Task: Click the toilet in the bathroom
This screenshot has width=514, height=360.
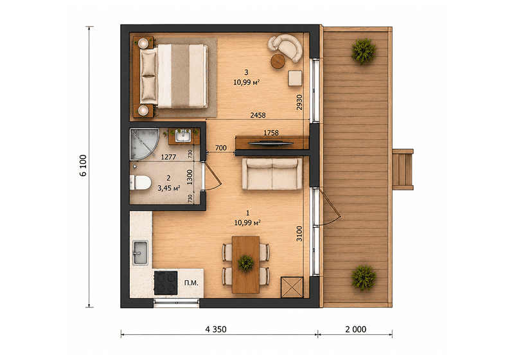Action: click(140, 183)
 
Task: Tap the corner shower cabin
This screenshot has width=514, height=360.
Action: click(143, 143)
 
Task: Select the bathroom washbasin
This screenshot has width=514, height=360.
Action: click(183, 136)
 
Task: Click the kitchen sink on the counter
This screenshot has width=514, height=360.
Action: click(140, 253)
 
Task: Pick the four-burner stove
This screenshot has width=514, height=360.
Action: click(166, 283)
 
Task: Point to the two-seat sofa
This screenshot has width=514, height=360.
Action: click(272, 174)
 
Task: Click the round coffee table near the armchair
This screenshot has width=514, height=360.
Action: click(278, 61)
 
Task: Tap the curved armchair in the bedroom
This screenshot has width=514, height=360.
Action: click(286, 47)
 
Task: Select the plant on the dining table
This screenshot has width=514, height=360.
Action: click(246, 263)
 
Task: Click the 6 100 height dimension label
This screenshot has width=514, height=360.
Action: click(84, 166)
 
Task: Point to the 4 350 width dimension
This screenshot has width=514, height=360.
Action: click(216, 329)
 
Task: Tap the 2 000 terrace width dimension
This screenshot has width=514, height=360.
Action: click(356, 329)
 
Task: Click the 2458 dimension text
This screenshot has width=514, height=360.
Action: click(258, 115)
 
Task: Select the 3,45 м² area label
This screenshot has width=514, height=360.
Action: click(169, 188)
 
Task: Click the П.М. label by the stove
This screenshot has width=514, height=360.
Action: click(191, 283)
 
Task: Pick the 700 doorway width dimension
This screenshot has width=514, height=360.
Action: click(220, 148)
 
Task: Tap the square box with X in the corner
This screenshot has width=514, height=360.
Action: click(292, 287)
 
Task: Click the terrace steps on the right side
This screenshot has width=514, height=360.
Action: click(403, 170)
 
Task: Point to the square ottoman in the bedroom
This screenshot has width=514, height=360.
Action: click(295, 78)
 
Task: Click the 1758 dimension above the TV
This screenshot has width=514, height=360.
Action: click(271, 133)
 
